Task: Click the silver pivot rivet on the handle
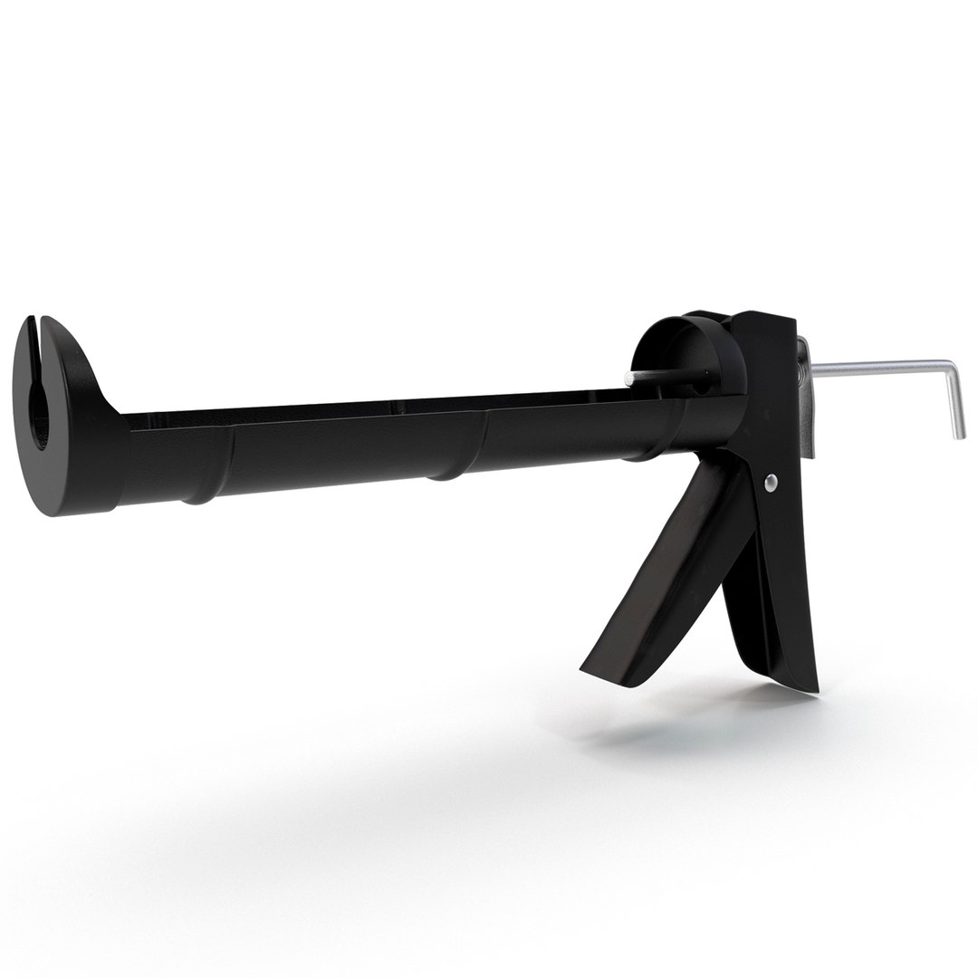point(771,483)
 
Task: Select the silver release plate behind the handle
point(808,398)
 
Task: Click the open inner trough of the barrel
point(362,407)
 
